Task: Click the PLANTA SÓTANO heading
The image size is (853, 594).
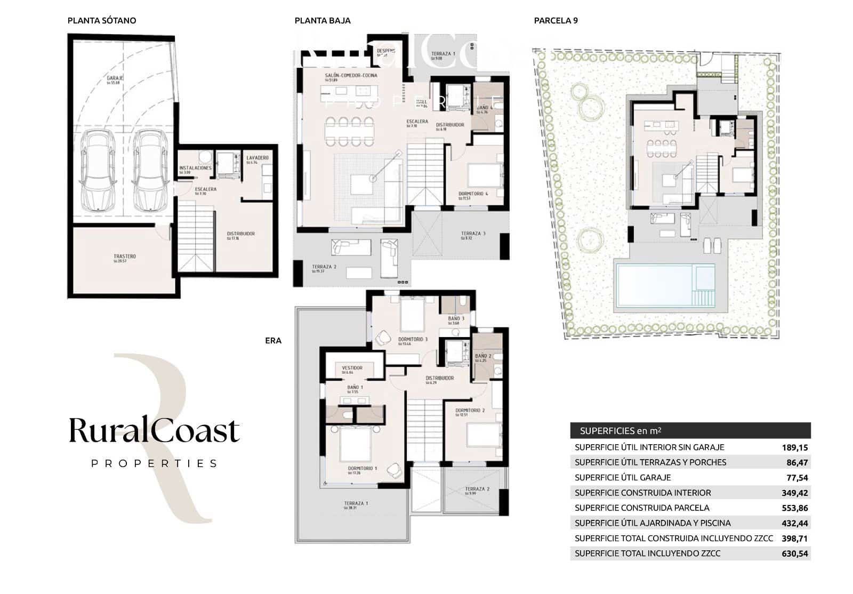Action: coord(102,21)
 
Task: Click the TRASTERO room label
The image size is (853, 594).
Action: coord(125,257)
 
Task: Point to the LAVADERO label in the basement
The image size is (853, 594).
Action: coord(257,158)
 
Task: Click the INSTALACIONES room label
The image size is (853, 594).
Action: coord(196,168)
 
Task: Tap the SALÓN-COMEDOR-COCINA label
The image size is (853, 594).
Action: coord(351,76)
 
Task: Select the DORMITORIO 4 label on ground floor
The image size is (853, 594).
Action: coord(473,194)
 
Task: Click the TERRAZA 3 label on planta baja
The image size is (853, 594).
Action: coord(473,234)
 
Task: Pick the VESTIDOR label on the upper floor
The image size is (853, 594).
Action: coord(352,368)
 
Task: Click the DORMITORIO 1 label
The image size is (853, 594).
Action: coord(363,469)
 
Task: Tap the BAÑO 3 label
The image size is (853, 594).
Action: coord(456,319)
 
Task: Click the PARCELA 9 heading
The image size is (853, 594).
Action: coord(556,21)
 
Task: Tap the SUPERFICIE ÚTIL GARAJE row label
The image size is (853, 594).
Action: coord(623,478)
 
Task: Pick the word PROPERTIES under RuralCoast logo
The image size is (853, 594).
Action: coord(155,463)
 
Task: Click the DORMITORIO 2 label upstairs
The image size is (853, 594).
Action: coord(470,411)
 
